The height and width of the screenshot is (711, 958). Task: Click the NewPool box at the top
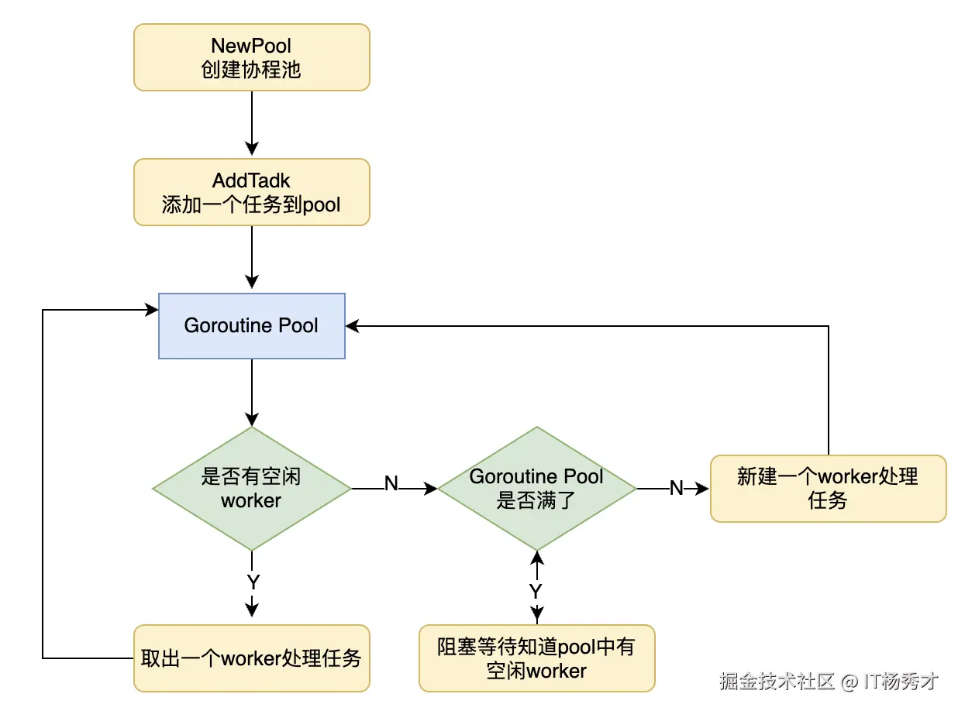[252, 57]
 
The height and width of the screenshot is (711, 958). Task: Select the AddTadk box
[252, 192]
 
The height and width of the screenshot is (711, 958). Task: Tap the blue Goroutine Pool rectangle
[252, 325]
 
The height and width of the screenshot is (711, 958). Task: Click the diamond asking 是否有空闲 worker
[252, 489]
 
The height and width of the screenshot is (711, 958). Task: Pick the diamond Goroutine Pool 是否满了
[536, 489]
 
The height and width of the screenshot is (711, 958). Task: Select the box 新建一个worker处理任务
[828, 489]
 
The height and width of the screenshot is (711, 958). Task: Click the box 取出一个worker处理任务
[252, 658]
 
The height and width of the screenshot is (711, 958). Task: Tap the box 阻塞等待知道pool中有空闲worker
[536, 658]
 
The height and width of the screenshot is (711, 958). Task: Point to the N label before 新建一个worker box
[677, 488]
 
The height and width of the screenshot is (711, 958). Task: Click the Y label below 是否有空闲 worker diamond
[252, 582]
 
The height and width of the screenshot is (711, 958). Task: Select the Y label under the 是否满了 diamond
[536, 591]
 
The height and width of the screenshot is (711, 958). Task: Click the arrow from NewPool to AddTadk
[252, 124]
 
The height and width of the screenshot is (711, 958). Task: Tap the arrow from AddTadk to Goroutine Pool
[252, 259]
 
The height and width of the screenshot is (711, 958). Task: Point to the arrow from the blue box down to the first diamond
[252, 392]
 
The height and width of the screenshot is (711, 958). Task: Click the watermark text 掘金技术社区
[777, 682]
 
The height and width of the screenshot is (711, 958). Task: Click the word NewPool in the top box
[252, 46]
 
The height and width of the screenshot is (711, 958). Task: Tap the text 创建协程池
[252, 70]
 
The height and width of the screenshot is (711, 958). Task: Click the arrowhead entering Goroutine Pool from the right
[353, 326]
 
